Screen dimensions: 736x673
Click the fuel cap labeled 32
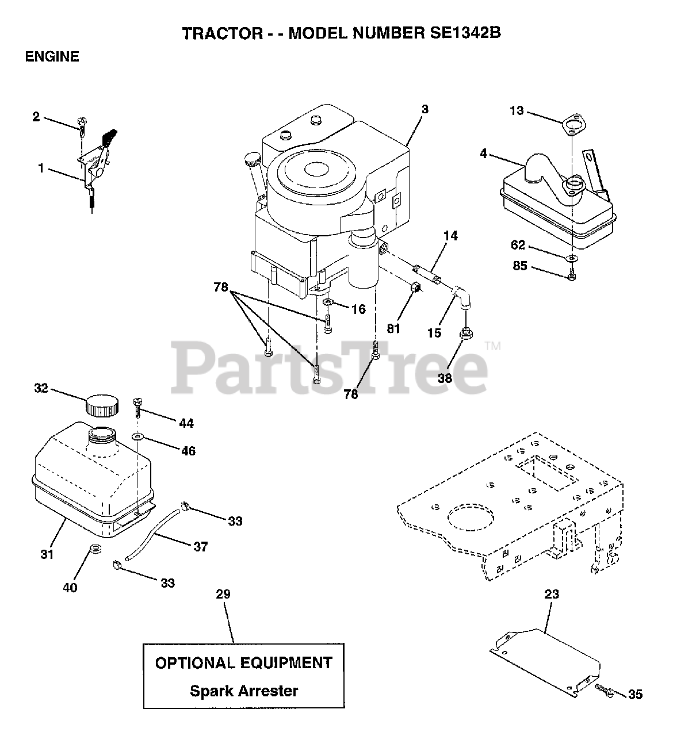pyautogui.click(x=102, y=406)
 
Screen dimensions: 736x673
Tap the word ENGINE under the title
pyautogui.click(x=52, y=56)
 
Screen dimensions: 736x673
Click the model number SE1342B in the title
pyautogui.click(x=457, y=33)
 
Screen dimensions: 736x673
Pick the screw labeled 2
pyautogui.click(x=81, y=124)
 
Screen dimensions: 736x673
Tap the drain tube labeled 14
pyautogui.click(x=429, y=273)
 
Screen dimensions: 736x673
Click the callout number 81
pyautogui.click(x=393, y=328)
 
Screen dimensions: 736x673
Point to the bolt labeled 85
pyautogui.click(x=571, y=276)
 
